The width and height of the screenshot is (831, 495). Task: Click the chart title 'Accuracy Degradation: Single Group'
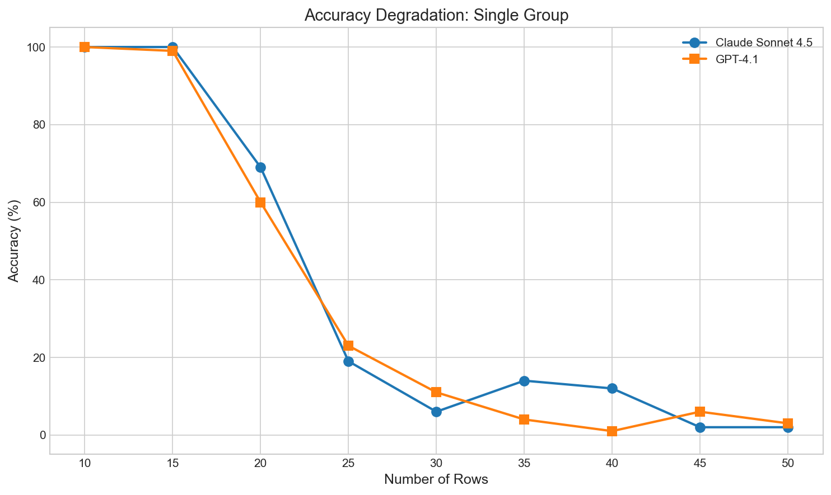click(x=436, y=15)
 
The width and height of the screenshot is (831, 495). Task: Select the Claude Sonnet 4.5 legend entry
click(x=764, y=44)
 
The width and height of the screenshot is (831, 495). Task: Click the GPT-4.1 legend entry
click(x=736, y=59)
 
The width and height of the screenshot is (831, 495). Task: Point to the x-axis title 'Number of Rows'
click(x=436, y=480)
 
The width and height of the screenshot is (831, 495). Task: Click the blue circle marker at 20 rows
click(x=260, y=167)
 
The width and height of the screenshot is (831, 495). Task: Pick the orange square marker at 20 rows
click(x=260, y=202)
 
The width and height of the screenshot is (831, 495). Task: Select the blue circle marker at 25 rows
click(x=348, y=361)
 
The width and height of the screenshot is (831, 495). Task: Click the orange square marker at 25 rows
click(x=348, y=346)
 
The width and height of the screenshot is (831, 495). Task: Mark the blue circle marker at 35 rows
click(x=524, y=381)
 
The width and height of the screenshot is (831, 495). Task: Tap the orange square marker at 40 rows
click(x=612, y=431)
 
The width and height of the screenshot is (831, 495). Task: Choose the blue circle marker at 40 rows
click(x=612, y=389)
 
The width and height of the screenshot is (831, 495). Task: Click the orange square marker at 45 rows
click(x=700, y=412)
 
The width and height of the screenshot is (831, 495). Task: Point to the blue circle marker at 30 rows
click(x=436, y=412)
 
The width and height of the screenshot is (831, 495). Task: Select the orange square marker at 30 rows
click(x=436, y=392)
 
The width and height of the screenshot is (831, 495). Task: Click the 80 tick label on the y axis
click(x=38, y=125)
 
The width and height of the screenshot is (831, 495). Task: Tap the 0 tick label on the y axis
click(x=42, y=435)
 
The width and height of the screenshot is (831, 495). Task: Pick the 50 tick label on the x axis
click(x=788, y=463)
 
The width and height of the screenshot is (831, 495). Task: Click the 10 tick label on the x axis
click(x=85, y=463)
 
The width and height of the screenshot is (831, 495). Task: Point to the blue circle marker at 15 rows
click(x=172, y=47)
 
